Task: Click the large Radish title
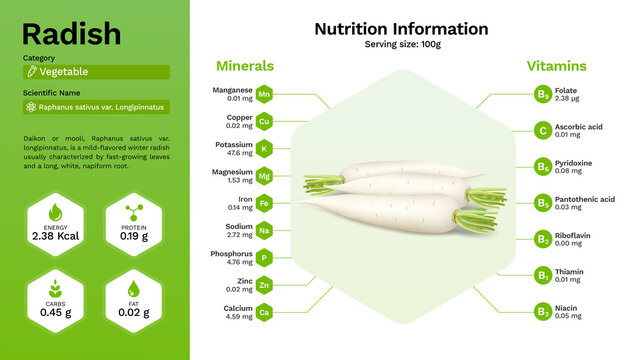71,34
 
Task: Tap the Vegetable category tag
96,72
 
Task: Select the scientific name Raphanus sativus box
96,107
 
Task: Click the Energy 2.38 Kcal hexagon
56,223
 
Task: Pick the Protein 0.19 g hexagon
133,223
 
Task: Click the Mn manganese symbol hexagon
265,95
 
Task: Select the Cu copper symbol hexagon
265,122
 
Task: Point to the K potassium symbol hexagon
265,149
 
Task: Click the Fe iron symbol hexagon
265,204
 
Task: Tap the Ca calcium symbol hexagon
265,313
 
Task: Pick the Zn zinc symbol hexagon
265,286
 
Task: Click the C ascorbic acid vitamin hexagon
542,130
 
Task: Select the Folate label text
567,91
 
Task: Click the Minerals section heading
245,66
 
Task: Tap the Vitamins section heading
557,66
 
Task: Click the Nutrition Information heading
401,29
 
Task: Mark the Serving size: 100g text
401,45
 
